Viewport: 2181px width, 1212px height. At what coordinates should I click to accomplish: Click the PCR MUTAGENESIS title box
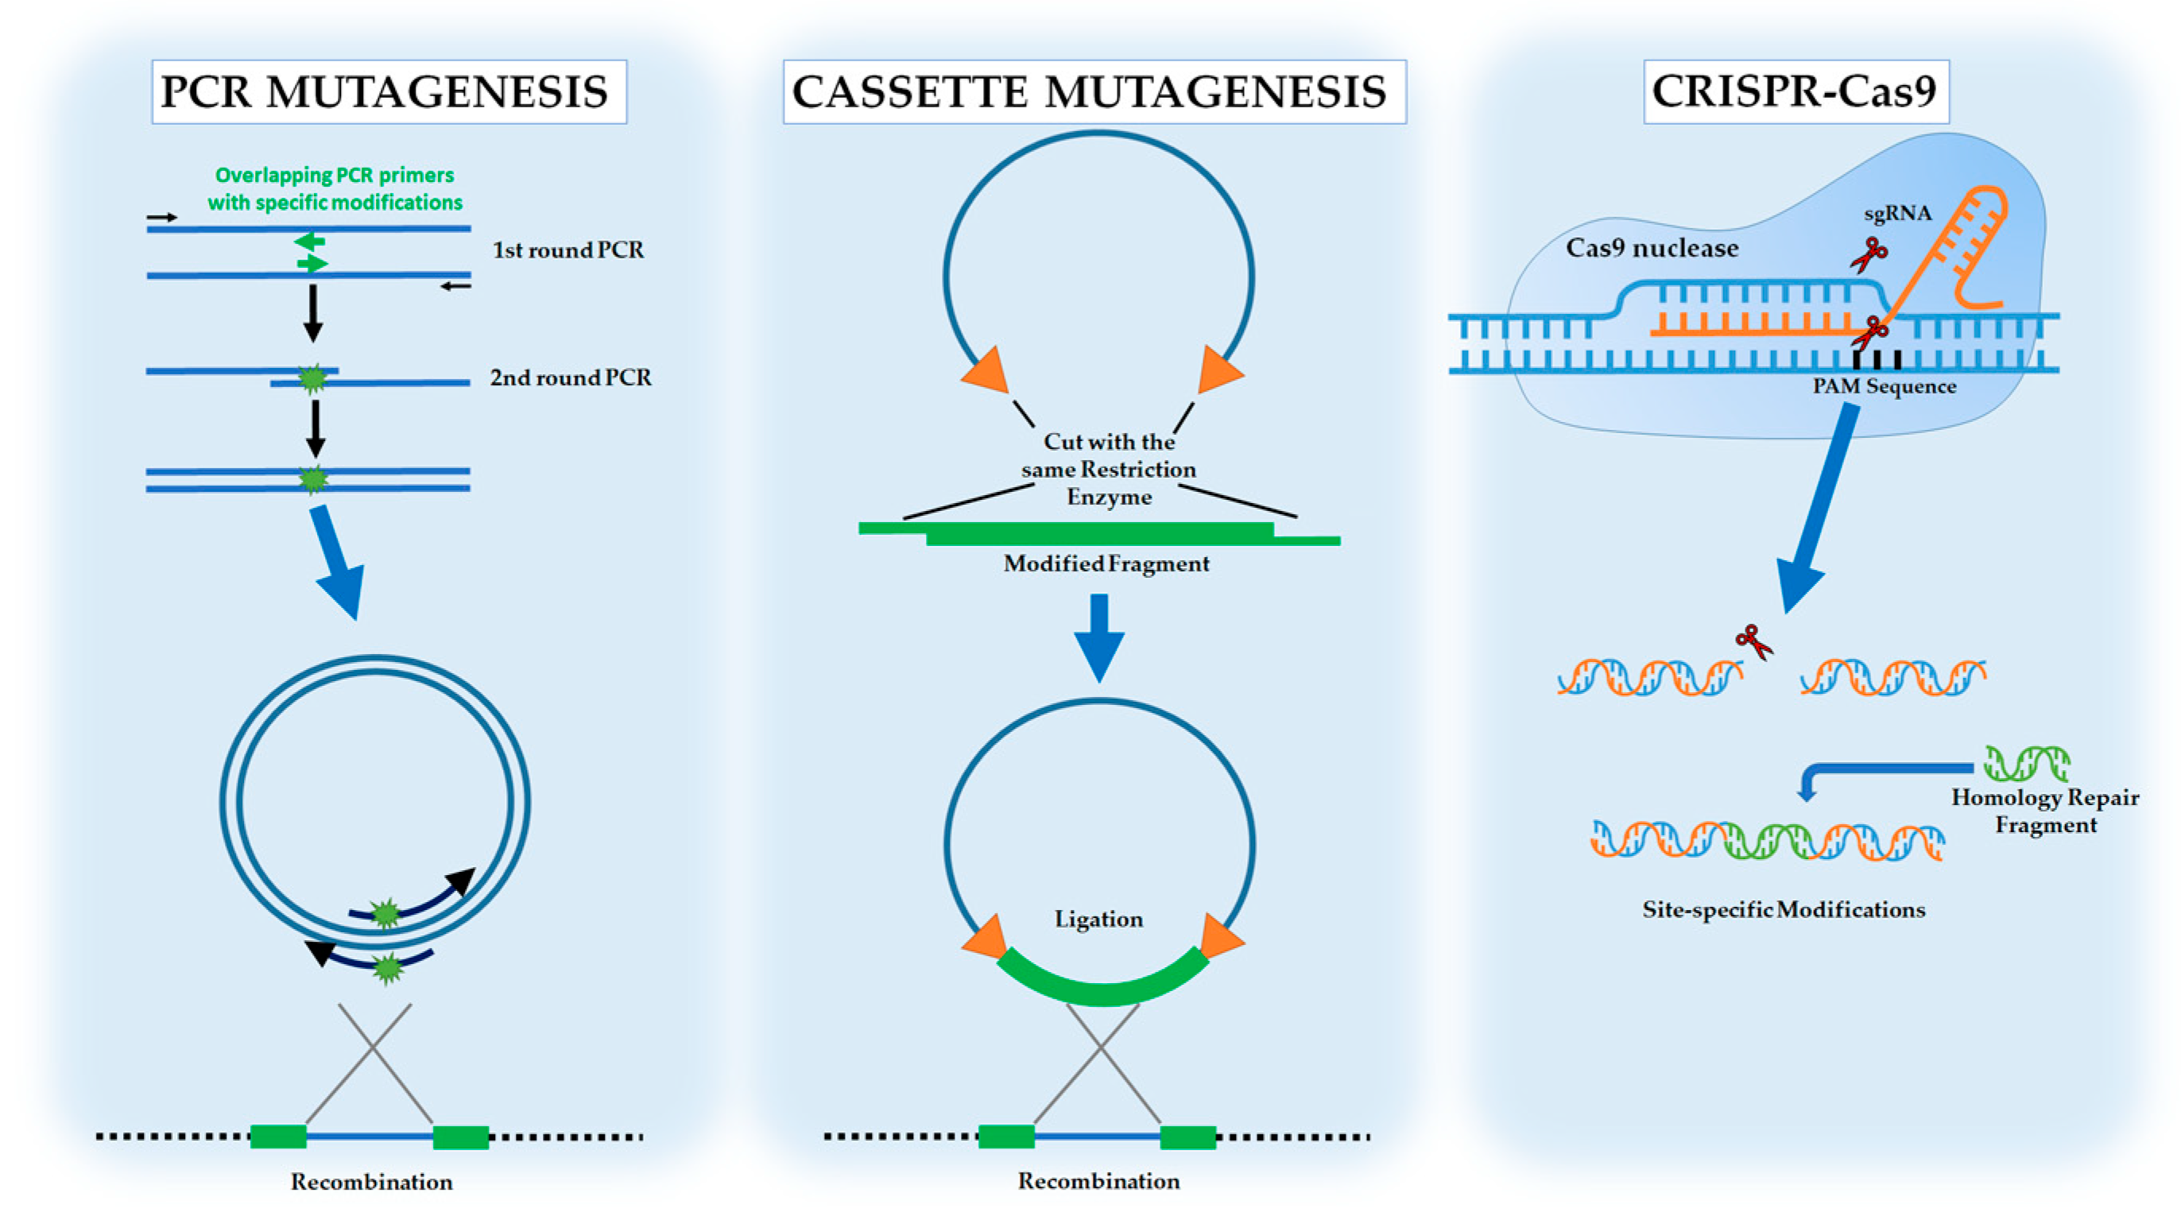[x=389, y=91]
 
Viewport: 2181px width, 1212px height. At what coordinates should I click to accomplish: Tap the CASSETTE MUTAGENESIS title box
[x=1094, y=91]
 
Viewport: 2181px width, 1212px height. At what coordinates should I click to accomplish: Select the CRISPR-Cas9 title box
[x=1796, y=91]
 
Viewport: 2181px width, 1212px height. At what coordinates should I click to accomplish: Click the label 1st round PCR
[x=568, y=250]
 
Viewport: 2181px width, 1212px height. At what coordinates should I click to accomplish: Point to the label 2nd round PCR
[x=571, y=378]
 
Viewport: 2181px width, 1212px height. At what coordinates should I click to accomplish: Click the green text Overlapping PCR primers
[x=335, y=175]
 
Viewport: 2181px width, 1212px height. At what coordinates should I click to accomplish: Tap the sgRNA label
[x=1897, y=214]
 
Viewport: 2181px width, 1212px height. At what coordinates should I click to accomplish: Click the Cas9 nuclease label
[x=1652, y=248]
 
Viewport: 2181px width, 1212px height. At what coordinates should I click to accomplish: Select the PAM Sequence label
[x=1884, y=386]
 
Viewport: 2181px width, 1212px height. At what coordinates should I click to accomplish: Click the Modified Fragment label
[x=1106, y=563]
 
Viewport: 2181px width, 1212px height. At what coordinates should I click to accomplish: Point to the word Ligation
[x=1099, y=920]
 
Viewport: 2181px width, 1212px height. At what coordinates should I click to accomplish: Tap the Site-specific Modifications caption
[x=1784, y=910]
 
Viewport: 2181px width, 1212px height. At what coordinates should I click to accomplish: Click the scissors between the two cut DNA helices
[x=1753, y=641]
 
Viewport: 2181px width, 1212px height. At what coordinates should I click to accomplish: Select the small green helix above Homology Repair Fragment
[x=2027, y=763]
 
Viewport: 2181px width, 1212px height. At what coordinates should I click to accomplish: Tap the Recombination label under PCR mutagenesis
[x=372, y=1182]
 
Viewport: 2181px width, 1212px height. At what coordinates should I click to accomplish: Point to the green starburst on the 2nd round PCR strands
[x=312, y=378]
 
